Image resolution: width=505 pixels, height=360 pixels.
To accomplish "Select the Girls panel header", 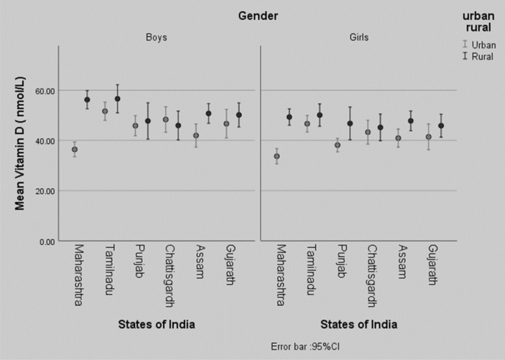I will pos(358,37).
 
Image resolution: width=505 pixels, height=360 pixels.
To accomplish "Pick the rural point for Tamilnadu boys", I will pos(117,99).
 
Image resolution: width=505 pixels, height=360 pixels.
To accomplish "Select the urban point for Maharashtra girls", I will pos(276,156).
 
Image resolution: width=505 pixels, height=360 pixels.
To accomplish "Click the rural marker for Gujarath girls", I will pos(441,125).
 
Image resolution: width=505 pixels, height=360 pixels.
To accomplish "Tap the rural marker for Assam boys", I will pos(209,114).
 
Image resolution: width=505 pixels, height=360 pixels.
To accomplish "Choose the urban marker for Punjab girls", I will pos(338,145).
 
